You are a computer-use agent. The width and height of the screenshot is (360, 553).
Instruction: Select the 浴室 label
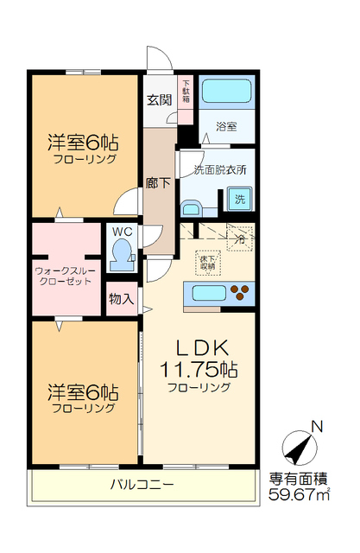click(227, 124)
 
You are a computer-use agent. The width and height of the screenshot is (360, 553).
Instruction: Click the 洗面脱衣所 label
click(219, 169)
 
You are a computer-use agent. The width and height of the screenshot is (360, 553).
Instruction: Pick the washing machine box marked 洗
click(238, 200)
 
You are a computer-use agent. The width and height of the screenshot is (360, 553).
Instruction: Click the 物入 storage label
click(120, 299)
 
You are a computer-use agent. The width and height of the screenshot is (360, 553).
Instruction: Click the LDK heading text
click(202, 347)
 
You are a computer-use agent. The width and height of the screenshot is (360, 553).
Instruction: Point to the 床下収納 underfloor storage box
click(208, 262)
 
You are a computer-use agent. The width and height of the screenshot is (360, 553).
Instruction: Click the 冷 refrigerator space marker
click(241, 236)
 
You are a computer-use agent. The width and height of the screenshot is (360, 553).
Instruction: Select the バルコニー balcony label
click(142, 484)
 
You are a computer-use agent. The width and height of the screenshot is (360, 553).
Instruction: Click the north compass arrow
click(300, 445)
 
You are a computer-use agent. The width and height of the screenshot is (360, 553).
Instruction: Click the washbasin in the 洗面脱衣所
click(191, 208)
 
